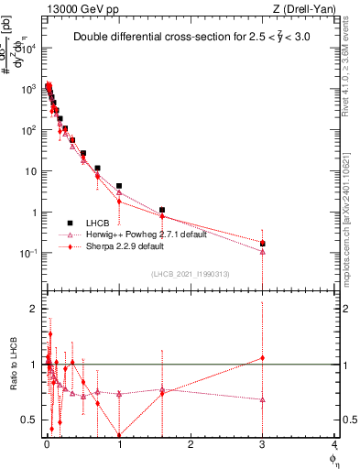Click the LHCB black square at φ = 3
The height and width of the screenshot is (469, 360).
pyautogui.click(x=263, y=244)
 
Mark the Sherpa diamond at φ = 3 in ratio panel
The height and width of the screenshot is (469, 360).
pyautogui.click(x=263, y=358)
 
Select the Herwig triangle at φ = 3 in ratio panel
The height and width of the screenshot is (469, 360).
pyautogui.click(x=263, y=399)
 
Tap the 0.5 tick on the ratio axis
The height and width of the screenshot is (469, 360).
pyautogui.click(x=36, y=420)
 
